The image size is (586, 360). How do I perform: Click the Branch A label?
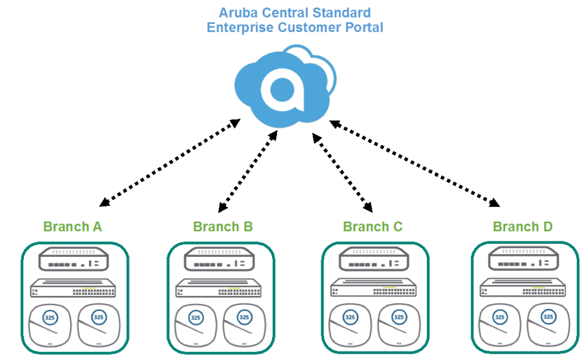[72, 227]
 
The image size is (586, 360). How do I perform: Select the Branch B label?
[222, 227]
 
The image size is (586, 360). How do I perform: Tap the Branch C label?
[372, 227]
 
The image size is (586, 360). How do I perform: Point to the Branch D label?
[522, 227]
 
